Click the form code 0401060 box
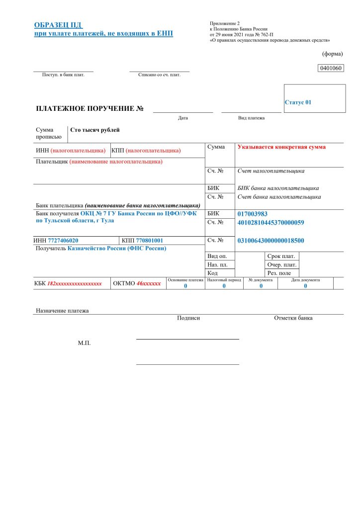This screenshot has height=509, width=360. click(330, 68)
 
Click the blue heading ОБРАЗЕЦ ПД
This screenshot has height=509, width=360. click(58, 25)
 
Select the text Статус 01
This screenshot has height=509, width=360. click(298, 102)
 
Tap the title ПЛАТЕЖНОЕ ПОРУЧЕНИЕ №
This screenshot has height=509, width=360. click(90, 108)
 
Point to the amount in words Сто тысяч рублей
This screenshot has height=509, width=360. click(95, 130)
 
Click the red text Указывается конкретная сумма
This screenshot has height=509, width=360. click(281, 147)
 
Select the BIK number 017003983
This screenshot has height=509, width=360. click(253, 214)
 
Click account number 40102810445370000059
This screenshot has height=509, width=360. click(271, 222)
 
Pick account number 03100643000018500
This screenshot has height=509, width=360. click(271, 241)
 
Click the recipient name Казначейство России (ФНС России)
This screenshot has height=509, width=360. click(117, 248)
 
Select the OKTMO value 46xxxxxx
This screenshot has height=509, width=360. click(149, 284)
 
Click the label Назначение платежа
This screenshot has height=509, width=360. click(62, 311)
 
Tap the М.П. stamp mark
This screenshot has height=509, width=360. click(85, 343)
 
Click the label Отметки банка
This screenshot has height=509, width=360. click(293, 318)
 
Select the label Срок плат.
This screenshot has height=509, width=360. click(281, 256)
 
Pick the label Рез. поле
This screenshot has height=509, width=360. click(279, 273)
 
